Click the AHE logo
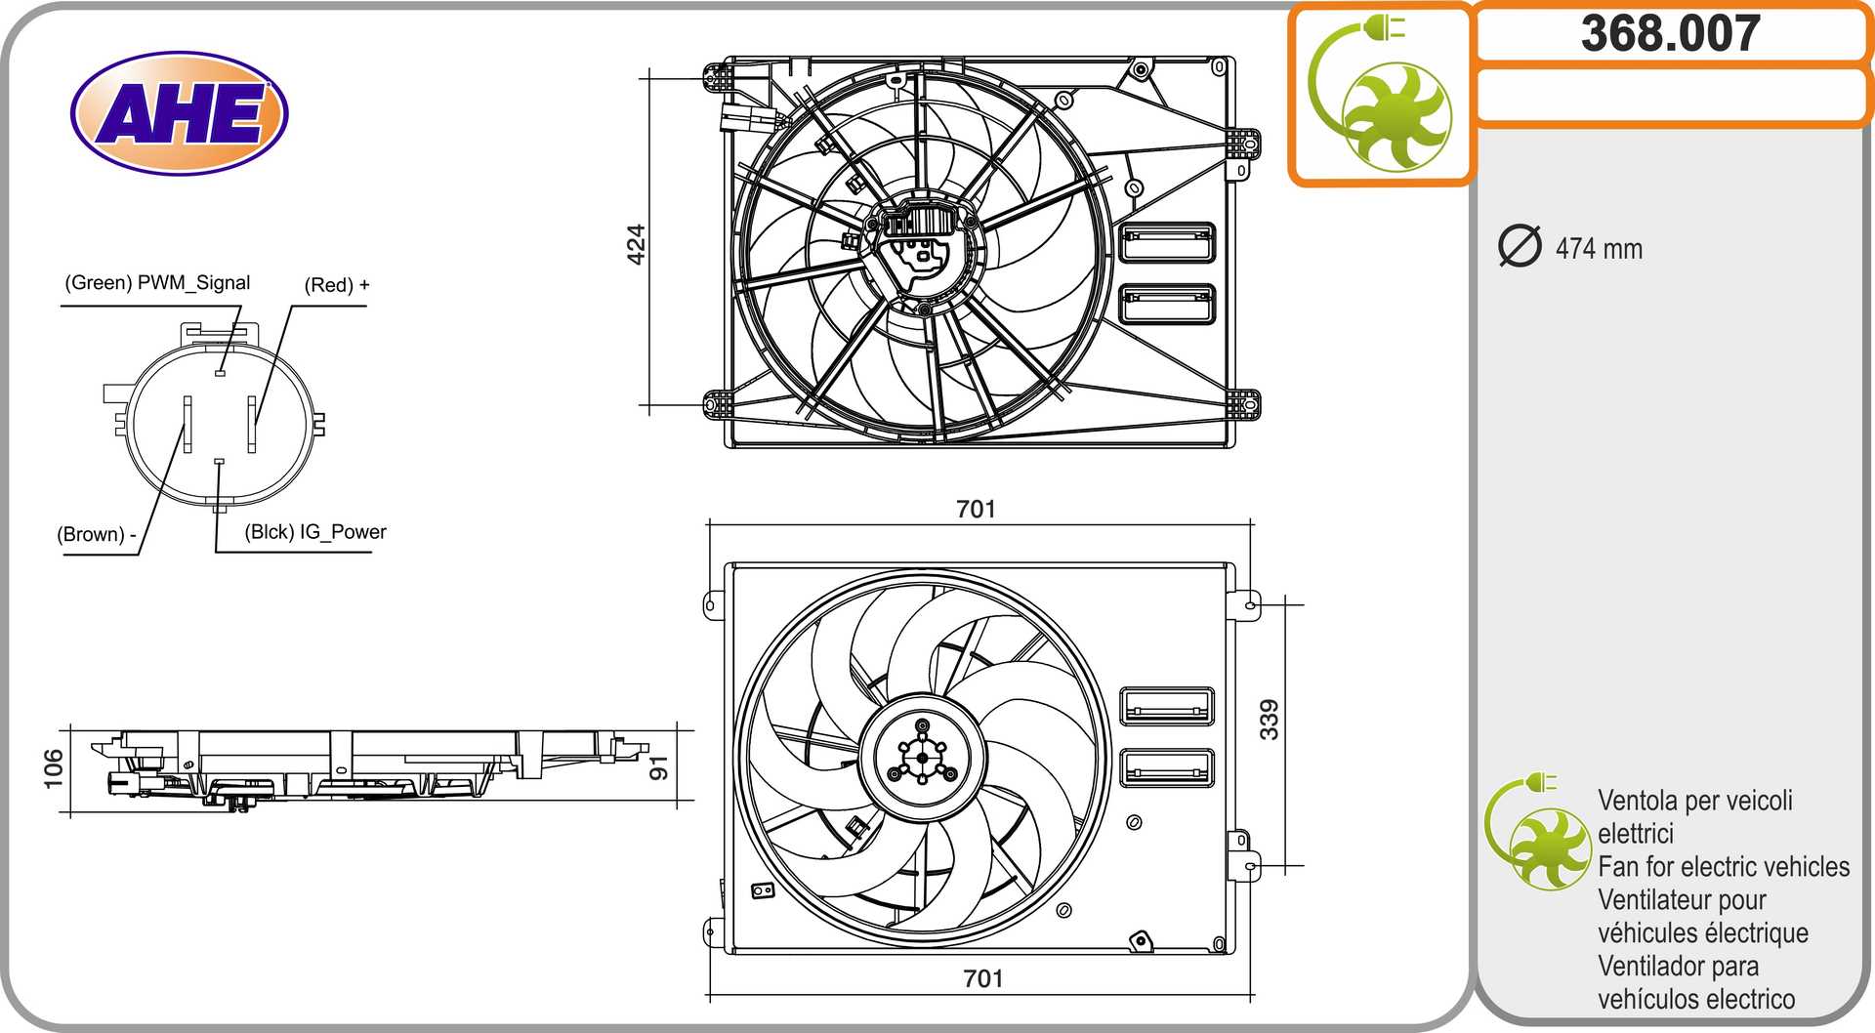[180, 113]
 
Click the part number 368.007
[1671, 33]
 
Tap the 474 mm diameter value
[1599, 249]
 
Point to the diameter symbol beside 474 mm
[1520, 246]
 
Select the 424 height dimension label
[636, 244]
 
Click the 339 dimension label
[1269, 720]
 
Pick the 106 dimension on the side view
[54, 768]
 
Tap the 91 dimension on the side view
[659, 767]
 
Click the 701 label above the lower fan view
[976, 509]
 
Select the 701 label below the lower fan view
[982, 978]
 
